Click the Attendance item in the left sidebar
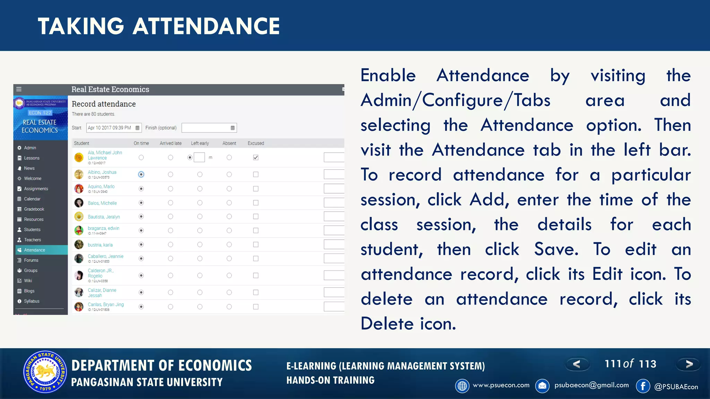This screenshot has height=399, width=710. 35,250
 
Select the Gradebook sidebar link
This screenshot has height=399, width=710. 34,209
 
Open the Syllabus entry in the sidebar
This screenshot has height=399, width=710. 32,301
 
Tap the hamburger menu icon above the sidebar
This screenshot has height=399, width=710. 19,89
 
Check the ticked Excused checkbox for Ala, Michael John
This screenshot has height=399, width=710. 256,158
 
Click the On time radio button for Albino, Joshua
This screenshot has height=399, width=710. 141,175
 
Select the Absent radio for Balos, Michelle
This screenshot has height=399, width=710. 229,203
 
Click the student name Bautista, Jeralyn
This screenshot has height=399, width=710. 104,217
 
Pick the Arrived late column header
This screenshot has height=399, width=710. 171,143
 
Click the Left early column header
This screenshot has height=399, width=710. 200,143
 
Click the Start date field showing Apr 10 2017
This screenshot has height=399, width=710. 110,128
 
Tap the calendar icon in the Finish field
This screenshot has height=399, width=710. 233,128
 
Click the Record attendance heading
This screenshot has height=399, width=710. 104,104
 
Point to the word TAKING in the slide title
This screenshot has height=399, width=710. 81,26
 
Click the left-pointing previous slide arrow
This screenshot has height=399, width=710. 577,364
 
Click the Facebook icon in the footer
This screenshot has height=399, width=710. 643,386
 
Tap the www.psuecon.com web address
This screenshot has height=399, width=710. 501,385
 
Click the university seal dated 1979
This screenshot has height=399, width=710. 45,372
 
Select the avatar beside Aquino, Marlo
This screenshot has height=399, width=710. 79,189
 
